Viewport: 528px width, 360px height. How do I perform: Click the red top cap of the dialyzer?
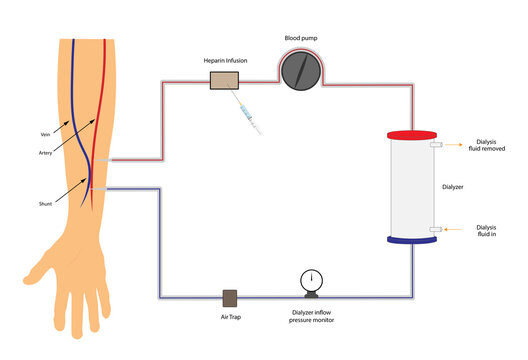pos(411,134)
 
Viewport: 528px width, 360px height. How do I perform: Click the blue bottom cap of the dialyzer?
pos(411,237)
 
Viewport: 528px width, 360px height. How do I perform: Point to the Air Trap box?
pos(229,298)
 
